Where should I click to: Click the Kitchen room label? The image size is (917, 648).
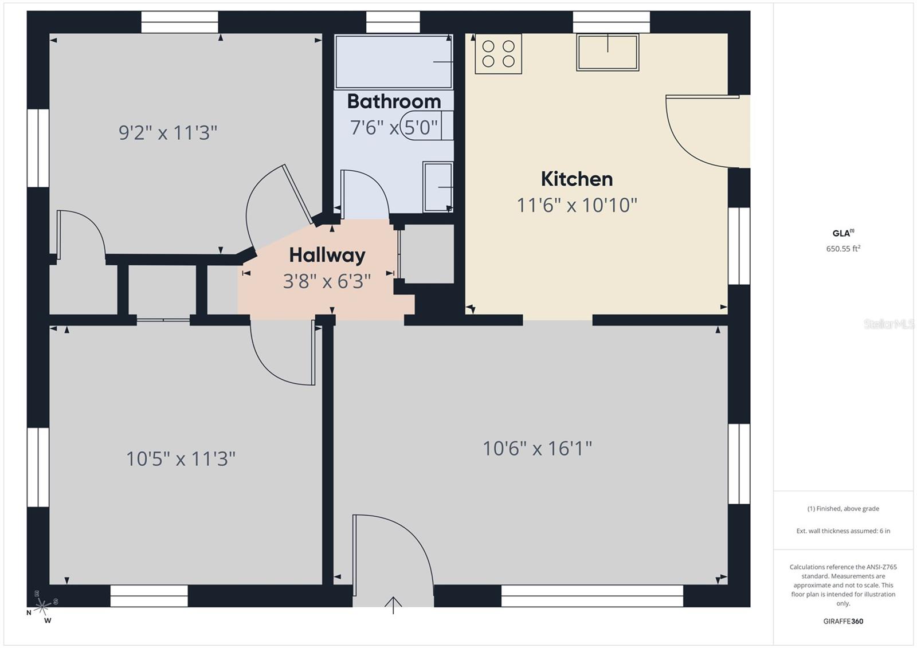(x=577, y=179)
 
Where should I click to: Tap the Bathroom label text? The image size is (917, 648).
(x=394, y=101)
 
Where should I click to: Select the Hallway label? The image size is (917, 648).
(x=327, y=255)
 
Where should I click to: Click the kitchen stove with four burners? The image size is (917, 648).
(x=498, y=54)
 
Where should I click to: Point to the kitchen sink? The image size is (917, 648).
(x=608, y=52)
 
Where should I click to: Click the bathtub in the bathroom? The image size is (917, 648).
(x=393, y=62)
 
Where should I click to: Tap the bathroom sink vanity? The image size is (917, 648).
(x=438, y=187)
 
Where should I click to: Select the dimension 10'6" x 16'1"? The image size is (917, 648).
(x=537, y=448)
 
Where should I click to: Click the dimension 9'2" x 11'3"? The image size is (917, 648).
(x=168, y=133)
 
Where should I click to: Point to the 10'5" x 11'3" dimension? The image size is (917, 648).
(x=181, y=459)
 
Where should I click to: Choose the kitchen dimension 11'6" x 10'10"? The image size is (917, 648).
(x=577, y=205)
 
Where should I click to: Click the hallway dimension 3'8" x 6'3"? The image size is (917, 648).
(x=327, y=281)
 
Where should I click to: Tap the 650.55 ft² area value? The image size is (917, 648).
(x=843, y=249)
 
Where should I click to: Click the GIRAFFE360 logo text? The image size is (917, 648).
(x=843, y=621)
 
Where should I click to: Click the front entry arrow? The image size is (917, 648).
(x=393, y=604)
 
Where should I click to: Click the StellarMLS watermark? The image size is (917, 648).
(x=889, y=324)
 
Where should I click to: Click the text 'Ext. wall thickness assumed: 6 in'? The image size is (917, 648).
(x=843, y=531)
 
